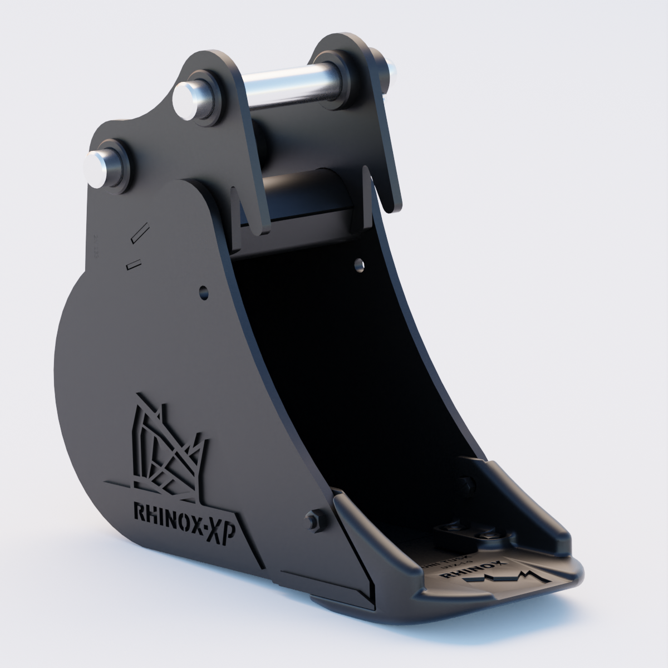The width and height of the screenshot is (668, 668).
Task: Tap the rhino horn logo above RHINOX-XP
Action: click(x=167, y=451)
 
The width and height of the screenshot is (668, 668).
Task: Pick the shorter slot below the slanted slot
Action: click(x=134, y=263)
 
